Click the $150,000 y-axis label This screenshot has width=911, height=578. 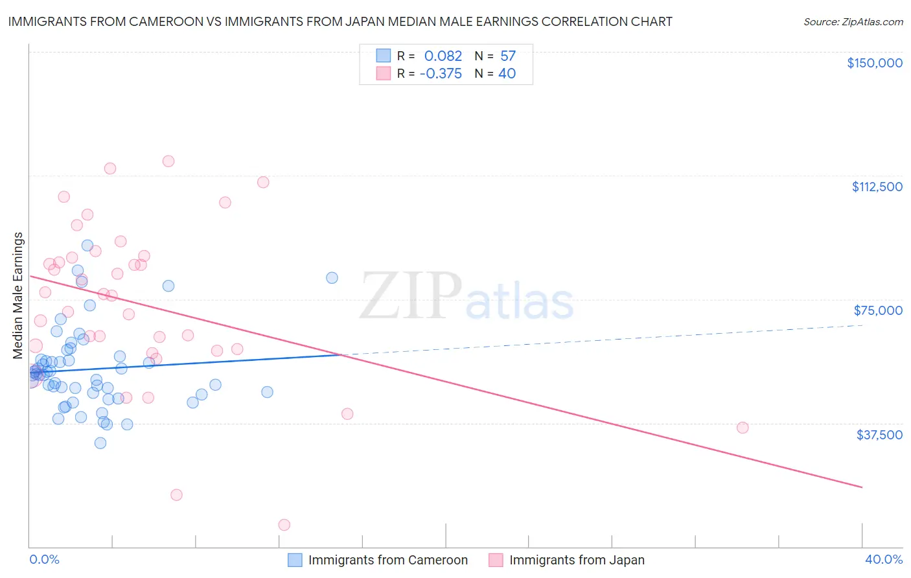tap(874, 63)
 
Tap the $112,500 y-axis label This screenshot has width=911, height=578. tap(877, 187)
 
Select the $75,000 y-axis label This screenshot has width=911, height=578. tap(878, 310)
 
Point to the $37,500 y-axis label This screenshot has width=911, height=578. tap(879, 435)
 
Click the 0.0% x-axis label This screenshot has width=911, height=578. tap(44, 559)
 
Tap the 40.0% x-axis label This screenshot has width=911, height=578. tap(883, 559)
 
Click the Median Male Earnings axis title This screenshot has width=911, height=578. tap(18, 295)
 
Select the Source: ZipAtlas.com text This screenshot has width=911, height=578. tap(853, 22)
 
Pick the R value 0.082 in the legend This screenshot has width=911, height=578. tap(443, 56)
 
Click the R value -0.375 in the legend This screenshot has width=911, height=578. tap(441, 74)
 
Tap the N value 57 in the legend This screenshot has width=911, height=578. tap(508, 56)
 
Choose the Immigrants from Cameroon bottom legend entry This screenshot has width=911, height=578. tap(387, 560)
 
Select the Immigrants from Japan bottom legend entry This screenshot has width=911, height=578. tap(577, 560)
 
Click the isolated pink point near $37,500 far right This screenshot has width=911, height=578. tap(743, 428)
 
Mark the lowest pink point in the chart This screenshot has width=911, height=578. tap(284, 525)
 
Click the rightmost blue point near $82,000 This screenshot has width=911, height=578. tap(332, 278)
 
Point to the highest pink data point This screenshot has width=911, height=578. tap(168, 161)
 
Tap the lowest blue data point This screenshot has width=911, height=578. tap(100, 443)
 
